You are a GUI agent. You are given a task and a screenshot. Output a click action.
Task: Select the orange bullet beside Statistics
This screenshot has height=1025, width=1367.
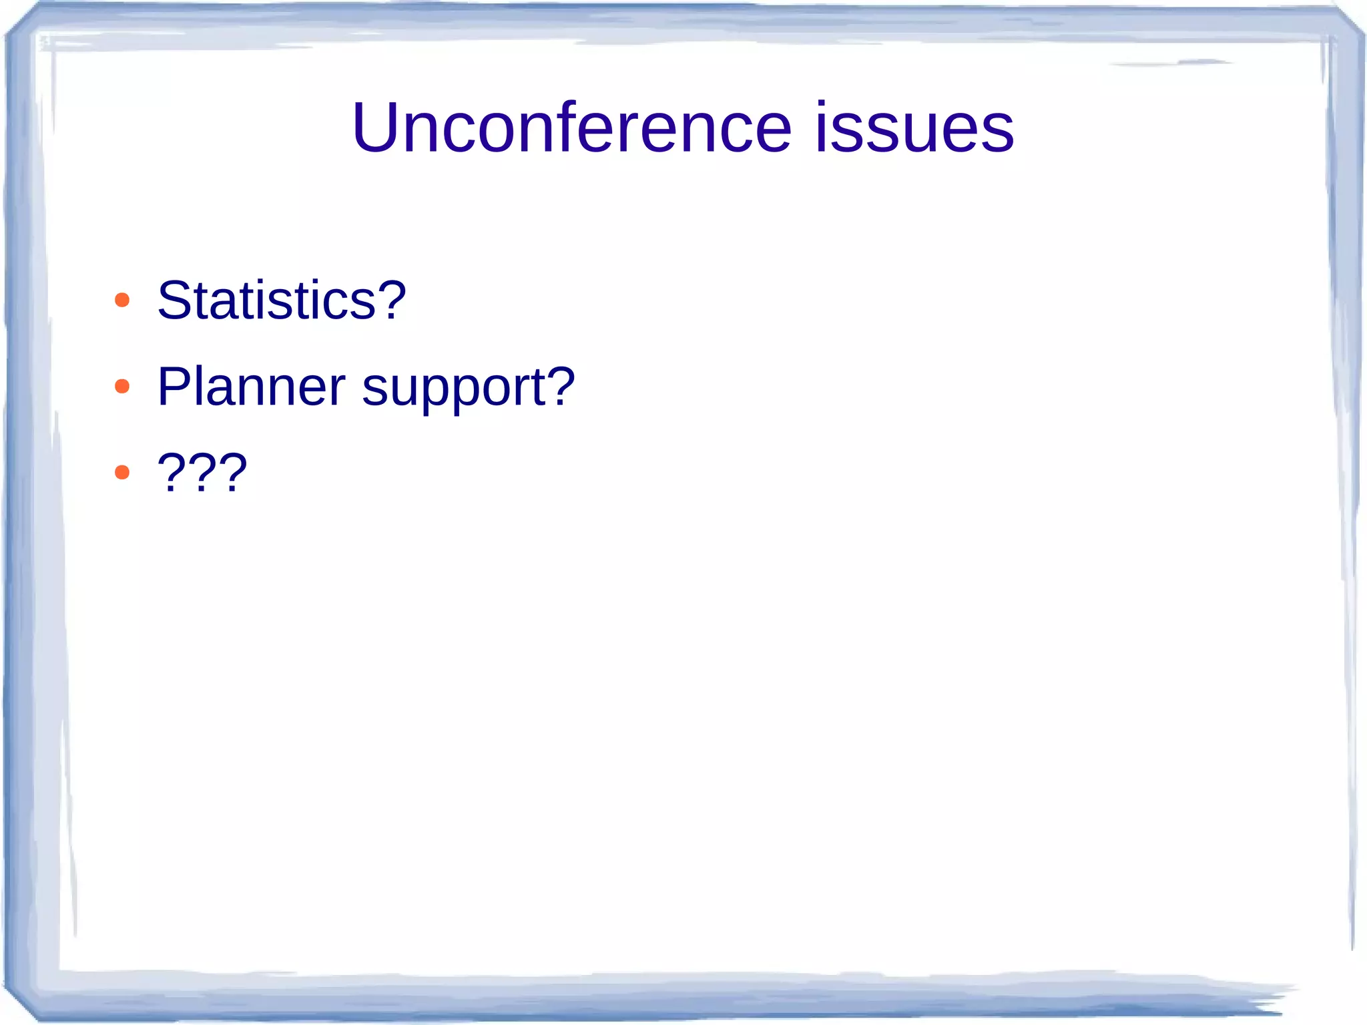click(122, 300)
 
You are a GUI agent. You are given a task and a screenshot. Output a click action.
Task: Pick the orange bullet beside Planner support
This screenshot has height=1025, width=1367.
click(122, 386)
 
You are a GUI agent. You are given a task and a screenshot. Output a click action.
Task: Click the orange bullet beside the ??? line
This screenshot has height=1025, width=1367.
click(122, 473)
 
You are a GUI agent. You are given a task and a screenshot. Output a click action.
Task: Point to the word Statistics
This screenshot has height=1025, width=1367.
click(267, 300)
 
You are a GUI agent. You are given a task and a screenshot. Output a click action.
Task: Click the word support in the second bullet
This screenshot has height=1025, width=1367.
click(454, 389)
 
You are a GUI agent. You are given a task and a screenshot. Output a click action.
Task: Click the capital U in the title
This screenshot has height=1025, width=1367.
click(378, 127)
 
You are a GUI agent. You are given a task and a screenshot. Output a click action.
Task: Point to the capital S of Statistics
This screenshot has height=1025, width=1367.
click(175, 300)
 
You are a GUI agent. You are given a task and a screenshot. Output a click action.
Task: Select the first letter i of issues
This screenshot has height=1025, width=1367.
click(822, 127)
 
